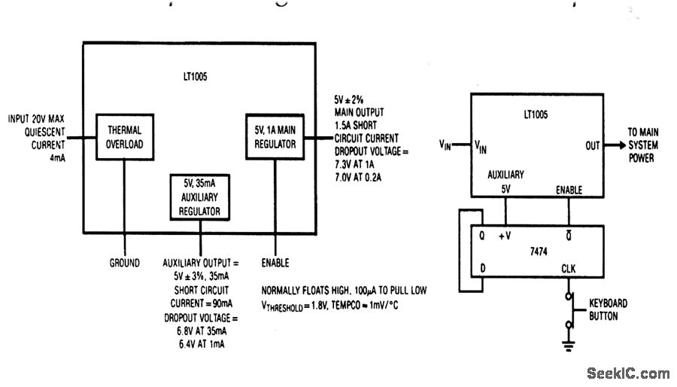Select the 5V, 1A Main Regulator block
click(x=275, y=136)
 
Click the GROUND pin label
click(x=124, y=263)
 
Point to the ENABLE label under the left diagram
click(x=275, y=263)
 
